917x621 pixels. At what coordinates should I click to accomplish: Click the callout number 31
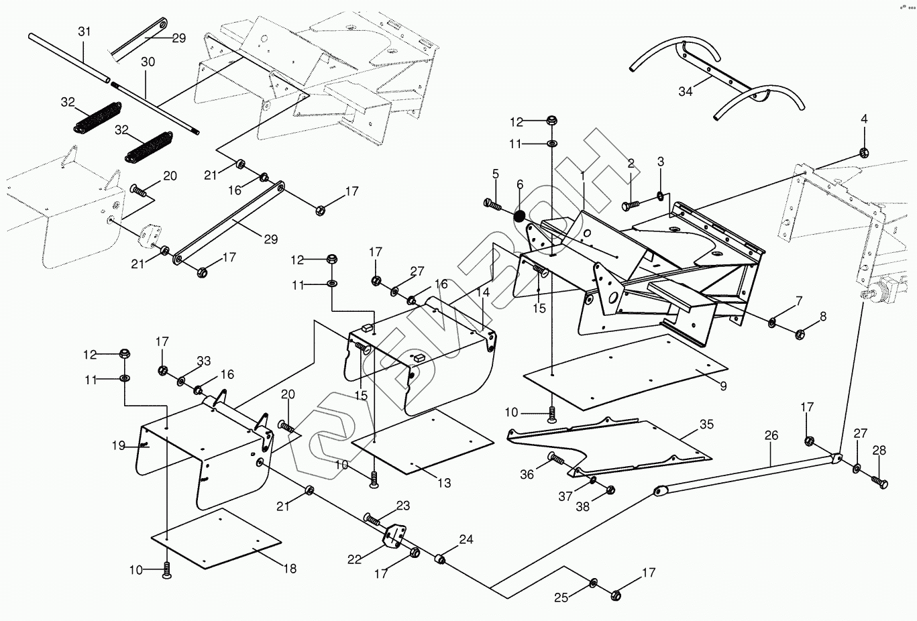coord(84,32)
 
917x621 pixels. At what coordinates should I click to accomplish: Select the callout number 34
coord(685,91)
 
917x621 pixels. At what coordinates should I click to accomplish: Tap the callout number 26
coord(771,435)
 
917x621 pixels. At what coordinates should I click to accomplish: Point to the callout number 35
coord(706,424)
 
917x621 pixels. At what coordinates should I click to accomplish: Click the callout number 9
coord(722,386)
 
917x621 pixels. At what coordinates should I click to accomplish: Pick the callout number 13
coord(444,482)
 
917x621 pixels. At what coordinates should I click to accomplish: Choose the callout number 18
coord(289,569)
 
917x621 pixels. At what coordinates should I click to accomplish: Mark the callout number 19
coord(119,445)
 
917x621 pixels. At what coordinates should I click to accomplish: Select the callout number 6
coord(520,184)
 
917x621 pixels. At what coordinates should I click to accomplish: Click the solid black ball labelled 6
coord(520,216)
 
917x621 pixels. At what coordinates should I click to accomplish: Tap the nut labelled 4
coord(864,152)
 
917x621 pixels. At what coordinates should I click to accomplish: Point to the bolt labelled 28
coord(880,482)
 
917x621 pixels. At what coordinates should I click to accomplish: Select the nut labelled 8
coord(800,333)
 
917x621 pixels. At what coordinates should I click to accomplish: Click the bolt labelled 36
coord(556,459)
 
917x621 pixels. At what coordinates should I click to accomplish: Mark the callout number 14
coord(483,292)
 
